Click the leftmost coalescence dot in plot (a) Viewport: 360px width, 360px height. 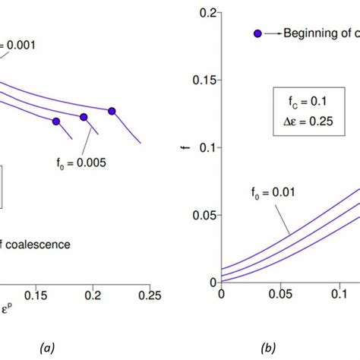56,122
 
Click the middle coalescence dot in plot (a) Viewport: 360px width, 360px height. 84,116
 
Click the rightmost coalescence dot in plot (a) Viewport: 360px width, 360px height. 112,111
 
